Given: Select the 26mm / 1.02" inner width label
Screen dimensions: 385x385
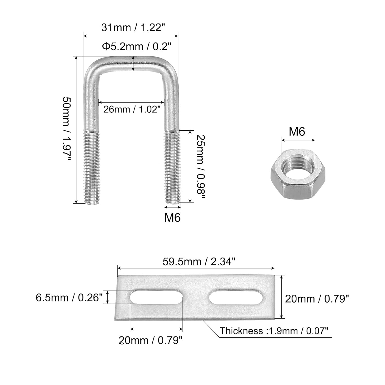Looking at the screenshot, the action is [132, 109].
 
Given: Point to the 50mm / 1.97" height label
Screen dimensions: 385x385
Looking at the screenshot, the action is [66, 129].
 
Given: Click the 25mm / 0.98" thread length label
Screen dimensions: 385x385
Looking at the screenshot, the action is [201, 166].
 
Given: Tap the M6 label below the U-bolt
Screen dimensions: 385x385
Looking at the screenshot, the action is [172, 217].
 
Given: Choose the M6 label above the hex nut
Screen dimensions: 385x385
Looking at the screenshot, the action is [297, 132].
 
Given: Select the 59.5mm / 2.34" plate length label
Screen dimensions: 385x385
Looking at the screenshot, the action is [199, 262].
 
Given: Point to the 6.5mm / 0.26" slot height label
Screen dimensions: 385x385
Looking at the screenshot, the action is [69, 298].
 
